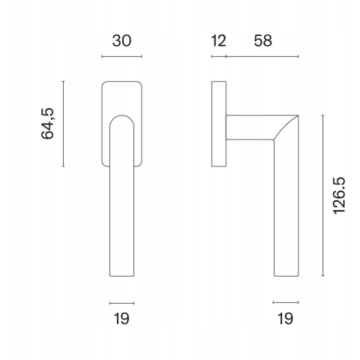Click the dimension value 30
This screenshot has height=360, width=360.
121,40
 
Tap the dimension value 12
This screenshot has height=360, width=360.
219,40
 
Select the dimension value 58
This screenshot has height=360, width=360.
262,40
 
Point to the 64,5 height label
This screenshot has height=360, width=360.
47,124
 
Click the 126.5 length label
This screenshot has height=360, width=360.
339,196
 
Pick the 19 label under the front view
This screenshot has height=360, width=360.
121,319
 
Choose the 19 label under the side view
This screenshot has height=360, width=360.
285,319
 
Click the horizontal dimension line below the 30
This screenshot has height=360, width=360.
121,56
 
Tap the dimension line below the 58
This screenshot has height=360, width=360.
262,56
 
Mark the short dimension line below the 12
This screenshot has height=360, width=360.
219,56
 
